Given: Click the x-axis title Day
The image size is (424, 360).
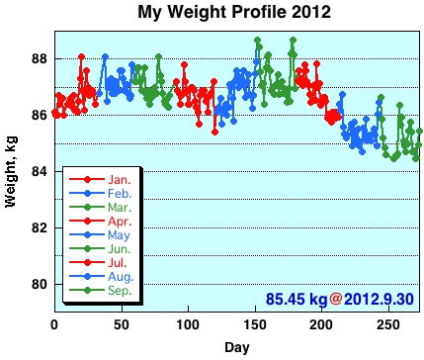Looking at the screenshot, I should (237, 347).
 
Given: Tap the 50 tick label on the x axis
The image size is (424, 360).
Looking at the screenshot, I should (122, 324).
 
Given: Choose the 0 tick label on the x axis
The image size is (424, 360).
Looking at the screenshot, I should (54, 324).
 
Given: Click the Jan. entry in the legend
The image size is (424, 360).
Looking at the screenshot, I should (120, 180).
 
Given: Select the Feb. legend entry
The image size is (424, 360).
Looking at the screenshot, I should (120, 194).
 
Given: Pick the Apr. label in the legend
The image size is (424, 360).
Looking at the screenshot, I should (120, 223).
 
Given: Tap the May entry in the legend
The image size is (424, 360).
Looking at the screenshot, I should (120, 236).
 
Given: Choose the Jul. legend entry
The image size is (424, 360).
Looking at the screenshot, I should (119, 264).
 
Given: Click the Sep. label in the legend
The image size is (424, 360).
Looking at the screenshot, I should (120, 292).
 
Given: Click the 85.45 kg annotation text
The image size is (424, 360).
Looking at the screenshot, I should (296, 298).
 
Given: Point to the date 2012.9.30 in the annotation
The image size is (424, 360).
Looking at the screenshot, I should (381, 298).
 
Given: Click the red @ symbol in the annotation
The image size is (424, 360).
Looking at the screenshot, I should (336, 298).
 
